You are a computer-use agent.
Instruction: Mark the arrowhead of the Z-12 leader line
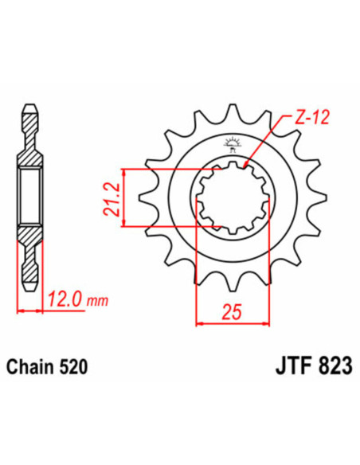tap(245, 164)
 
